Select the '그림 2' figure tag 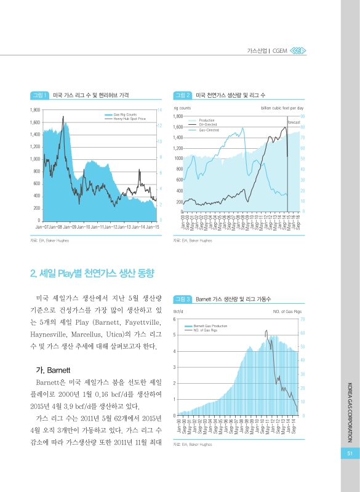tap(183, 95)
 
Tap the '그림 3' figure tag tap(183, 300)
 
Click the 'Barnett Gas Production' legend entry tap(210, 325)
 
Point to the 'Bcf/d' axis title tap(180, 312)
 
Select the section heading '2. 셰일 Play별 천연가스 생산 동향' tap(92, 272)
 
